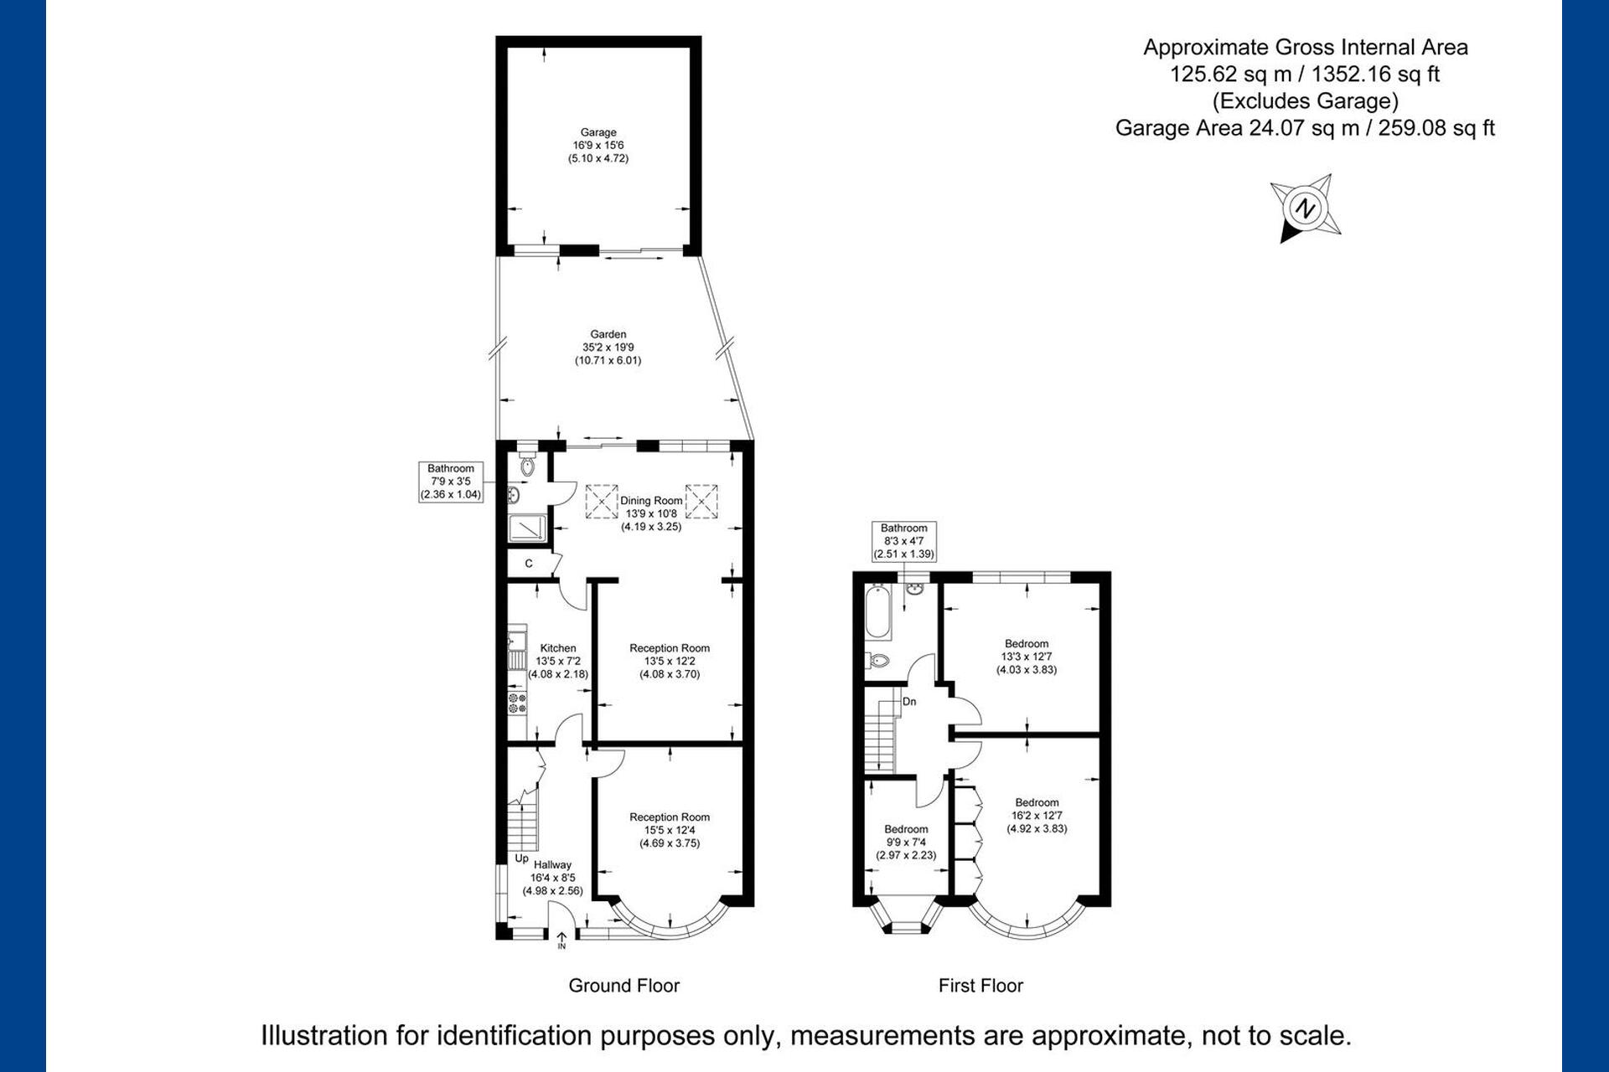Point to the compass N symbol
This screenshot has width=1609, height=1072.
coord(1304,208)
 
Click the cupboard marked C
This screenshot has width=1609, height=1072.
coord(529,564)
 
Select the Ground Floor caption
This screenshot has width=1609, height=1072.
coord(624,986)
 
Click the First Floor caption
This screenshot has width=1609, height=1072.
coord(980,986)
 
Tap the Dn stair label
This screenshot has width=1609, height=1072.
coord(909,702)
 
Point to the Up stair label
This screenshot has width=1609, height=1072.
coord(521,858)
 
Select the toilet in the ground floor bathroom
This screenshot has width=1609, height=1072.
coord(527,464)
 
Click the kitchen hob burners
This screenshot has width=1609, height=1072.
coord(517,702)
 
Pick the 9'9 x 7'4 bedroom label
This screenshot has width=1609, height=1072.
coord(906,843)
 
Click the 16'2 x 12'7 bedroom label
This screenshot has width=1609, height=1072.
coord(1037,816)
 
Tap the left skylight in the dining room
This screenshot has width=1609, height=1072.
coord(602,501)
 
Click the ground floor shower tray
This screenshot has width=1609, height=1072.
coord(527,528)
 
